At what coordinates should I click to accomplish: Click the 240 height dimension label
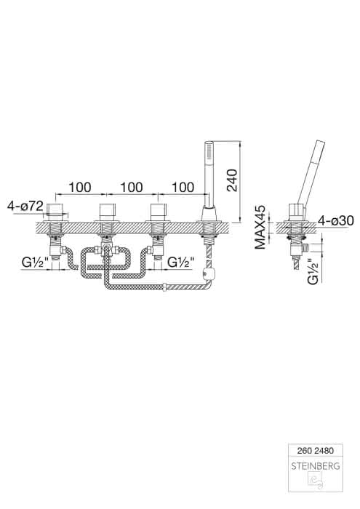(x=233, y=180)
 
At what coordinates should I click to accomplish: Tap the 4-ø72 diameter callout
(x=25, y=206)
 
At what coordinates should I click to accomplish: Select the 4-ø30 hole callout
(x=336, y=221)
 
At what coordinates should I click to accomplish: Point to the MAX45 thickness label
(x=260, y=227)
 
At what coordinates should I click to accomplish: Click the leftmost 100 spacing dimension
(x=79, y=188)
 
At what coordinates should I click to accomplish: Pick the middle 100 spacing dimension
(x=131, y=188)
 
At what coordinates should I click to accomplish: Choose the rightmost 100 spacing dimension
(x=183, y=188)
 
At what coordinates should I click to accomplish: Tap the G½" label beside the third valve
(x=181, y=262)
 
